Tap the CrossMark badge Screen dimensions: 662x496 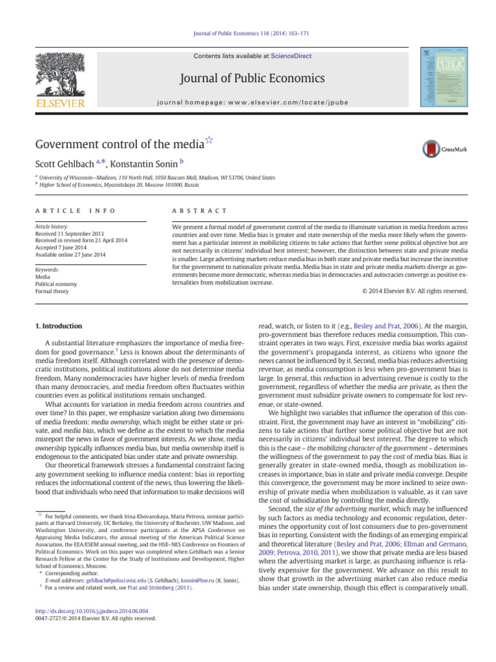click(x=445, y=149)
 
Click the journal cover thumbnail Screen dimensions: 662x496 click(x=443, y=76)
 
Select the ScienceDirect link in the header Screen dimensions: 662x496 click(x=291, y=56)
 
